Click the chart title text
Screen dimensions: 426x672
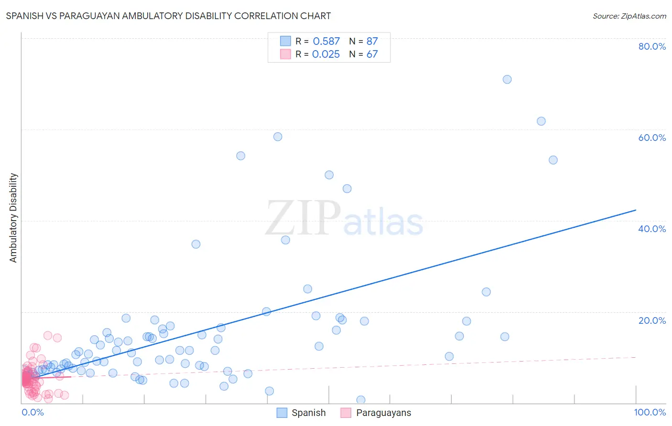168,16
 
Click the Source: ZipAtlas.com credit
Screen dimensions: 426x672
629,16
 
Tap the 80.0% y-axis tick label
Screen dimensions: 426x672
652,46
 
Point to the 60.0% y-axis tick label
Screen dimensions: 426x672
652,138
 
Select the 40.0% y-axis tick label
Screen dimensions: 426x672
652,229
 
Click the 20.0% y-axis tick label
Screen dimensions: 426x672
652,320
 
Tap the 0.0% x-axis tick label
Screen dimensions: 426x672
33,412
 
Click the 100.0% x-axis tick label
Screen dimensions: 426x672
650,412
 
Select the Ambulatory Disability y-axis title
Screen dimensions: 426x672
13,218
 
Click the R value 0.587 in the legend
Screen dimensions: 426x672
326,41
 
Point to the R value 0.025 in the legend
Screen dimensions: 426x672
326,54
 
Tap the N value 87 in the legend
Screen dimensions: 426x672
372,41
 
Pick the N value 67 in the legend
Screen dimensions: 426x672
372,54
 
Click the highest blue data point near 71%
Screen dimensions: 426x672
507,79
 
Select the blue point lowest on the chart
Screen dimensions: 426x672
361,400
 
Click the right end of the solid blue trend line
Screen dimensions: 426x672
636,210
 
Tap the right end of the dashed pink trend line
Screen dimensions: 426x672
636,357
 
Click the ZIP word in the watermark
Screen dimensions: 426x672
303,218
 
